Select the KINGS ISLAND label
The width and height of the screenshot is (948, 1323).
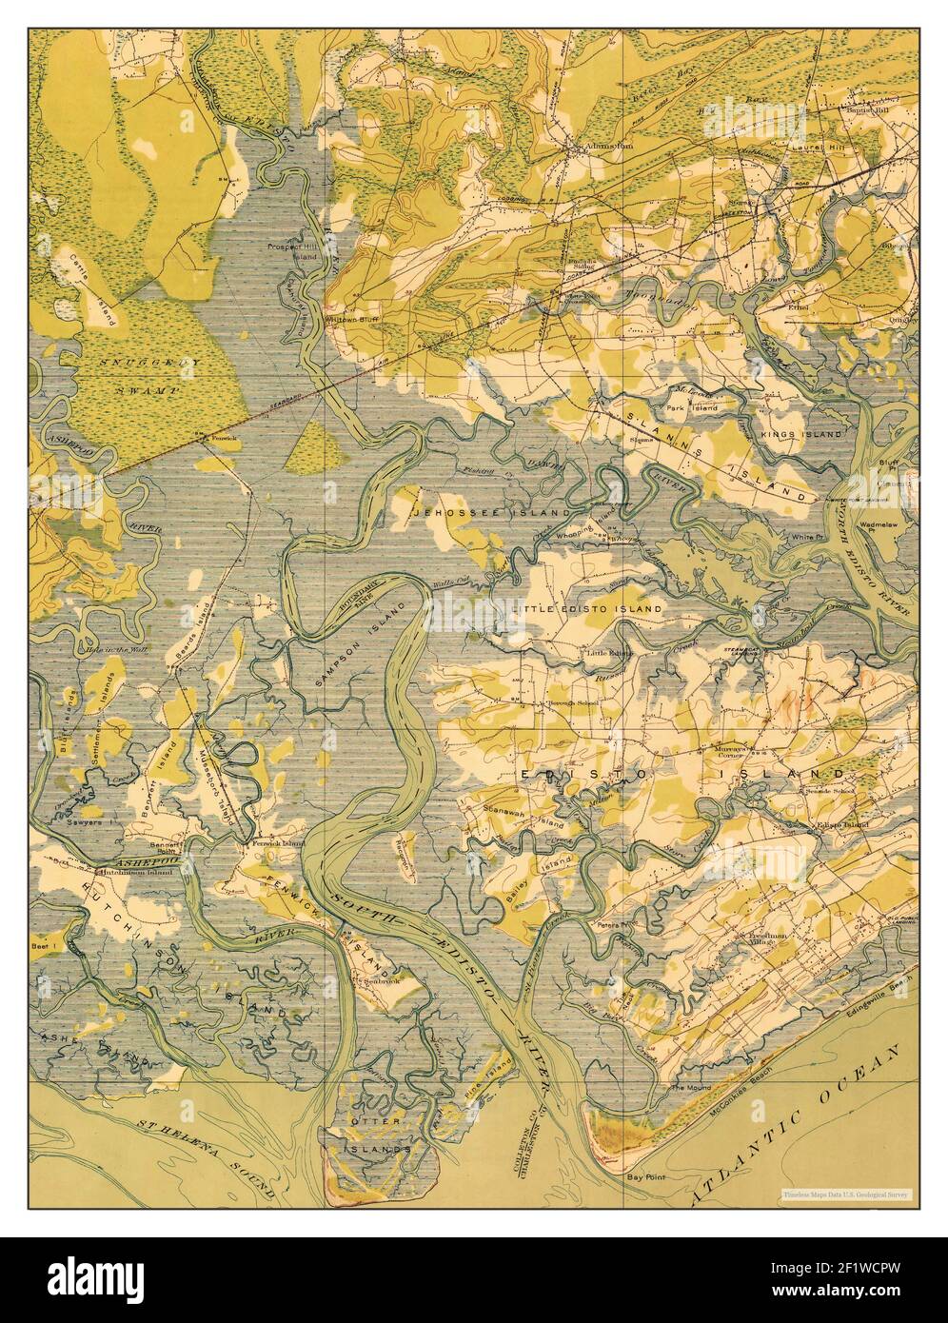[x=801, y=434]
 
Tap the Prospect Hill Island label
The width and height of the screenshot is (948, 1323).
[x=290, y=250]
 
